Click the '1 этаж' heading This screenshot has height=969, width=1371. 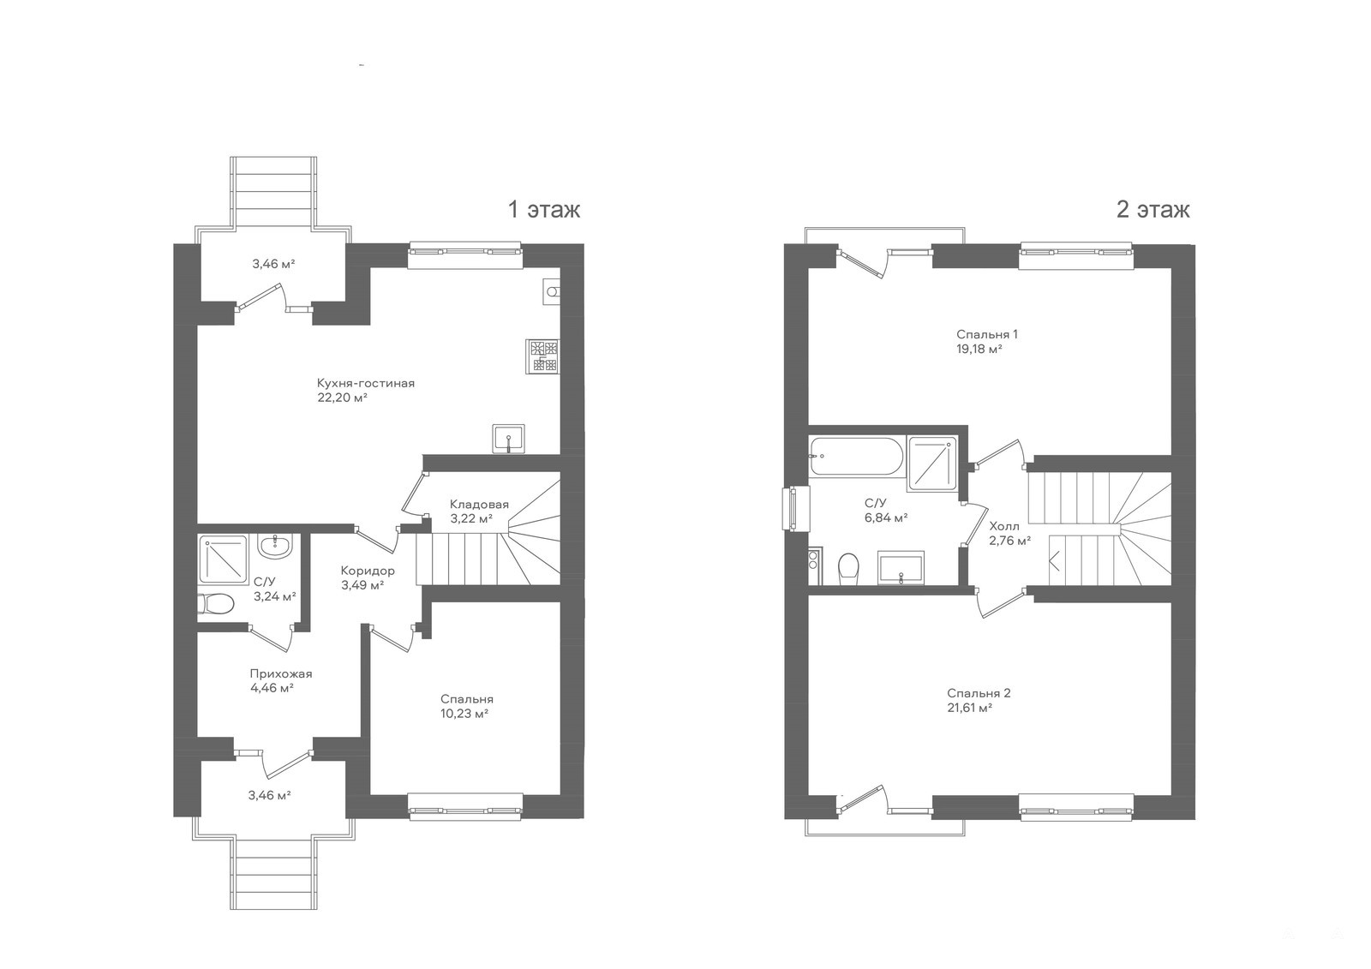tap(544, 210)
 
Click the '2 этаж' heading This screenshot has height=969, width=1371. tap(1153, 210)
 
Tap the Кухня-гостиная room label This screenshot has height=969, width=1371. tap(365, 383)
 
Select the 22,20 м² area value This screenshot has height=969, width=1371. tap(342, 398)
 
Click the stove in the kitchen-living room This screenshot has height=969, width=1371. tap(542, 356)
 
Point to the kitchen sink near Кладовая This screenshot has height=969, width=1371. tap(509, 439)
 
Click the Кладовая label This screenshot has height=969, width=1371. tap(479, 505)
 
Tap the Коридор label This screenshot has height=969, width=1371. tap(368, 571)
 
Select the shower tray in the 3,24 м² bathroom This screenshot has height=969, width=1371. tap(223, 559)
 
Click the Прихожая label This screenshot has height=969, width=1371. tap(281, 674)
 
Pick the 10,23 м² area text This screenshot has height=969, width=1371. tap(464, 714)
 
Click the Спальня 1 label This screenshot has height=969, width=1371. tap(986, 334)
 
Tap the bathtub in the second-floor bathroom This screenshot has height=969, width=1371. tap(856, 456)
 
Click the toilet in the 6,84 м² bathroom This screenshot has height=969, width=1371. tap(849, 568)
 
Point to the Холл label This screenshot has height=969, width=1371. tap(1004, 526)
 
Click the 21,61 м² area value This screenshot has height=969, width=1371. tap(969, 708)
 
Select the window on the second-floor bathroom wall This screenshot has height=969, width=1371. tap(796, 508)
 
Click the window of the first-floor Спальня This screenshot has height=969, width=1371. tap(465, 807)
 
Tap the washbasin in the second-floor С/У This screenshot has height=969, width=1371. tap(901, 567)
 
